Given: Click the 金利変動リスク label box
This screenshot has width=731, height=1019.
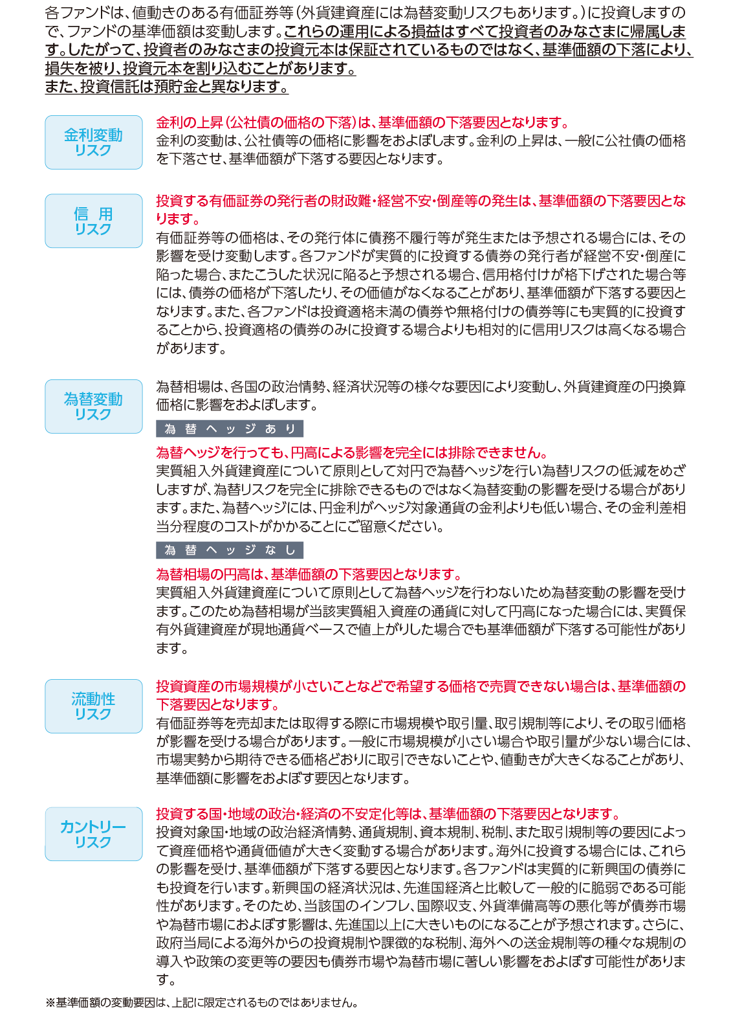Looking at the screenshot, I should click(x=93, y=142).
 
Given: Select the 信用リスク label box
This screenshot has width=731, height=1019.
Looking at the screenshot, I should click(x=93, y=221).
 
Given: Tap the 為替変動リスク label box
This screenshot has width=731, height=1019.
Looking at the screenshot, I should click(x=93, y=407).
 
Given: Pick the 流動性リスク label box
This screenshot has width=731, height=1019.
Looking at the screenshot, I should click(x=93, y=706).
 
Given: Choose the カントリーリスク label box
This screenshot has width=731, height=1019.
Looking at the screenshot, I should click(x=93, y=834).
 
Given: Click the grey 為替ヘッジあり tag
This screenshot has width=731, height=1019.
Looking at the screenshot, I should click(x=230, y=429).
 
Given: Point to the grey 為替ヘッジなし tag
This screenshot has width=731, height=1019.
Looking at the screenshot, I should click(x=230, y=550).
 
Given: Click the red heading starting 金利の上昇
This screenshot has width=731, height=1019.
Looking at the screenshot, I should click(x=362, y=122).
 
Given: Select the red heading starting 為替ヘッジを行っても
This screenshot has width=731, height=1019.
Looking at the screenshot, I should click(x=352, y=452).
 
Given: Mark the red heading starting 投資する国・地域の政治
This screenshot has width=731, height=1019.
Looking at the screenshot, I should click(x=388, y=814).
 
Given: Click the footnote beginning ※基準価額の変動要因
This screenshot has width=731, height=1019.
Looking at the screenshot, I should click(x=201, y=1003).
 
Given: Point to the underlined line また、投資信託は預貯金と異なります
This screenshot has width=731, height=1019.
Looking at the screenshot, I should click(x=166, y=87).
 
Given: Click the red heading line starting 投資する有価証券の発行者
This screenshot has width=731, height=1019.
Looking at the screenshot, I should click(x=420, y=201).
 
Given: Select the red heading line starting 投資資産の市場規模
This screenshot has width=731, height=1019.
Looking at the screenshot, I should click(x=420, y=686).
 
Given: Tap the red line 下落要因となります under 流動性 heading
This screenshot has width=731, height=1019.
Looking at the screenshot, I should click(x=217, y=704).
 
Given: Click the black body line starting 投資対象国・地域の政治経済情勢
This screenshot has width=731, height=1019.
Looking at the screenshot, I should click(x=420, y=832).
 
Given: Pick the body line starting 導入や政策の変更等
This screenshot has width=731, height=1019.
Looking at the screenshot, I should click(x=420, y=961).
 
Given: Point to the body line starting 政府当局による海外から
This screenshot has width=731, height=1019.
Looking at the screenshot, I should click(x=420, y=943).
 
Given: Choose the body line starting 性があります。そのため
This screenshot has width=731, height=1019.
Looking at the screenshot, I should click(x=420, y=906).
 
